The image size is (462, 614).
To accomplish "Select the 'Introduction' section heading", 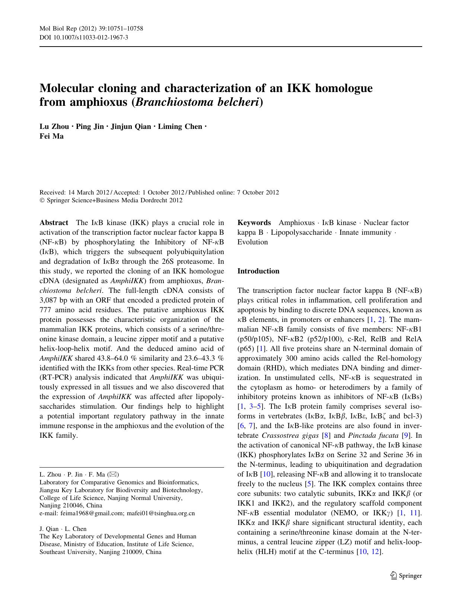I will (x=258, y=271).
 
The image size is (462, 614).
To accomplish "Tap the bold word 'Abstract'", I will (x=54, y=223).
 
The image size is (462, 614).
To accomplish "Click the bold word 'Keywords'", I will (x=254, y=223).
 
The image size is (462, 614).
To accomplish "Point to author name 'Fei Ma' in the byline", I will (x=51, y=136).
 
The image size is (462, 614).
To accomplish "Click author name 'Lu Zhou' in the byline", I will (x=54, y=127).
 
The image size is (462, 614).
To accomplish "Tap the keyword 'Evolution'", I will (x=252, y=242).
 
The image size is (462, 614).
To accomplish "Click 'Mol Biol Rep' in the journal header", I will (x=56, y=29).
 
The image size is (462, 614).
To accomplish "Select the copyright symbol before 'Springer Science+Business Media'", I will (x=42, y=200).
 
